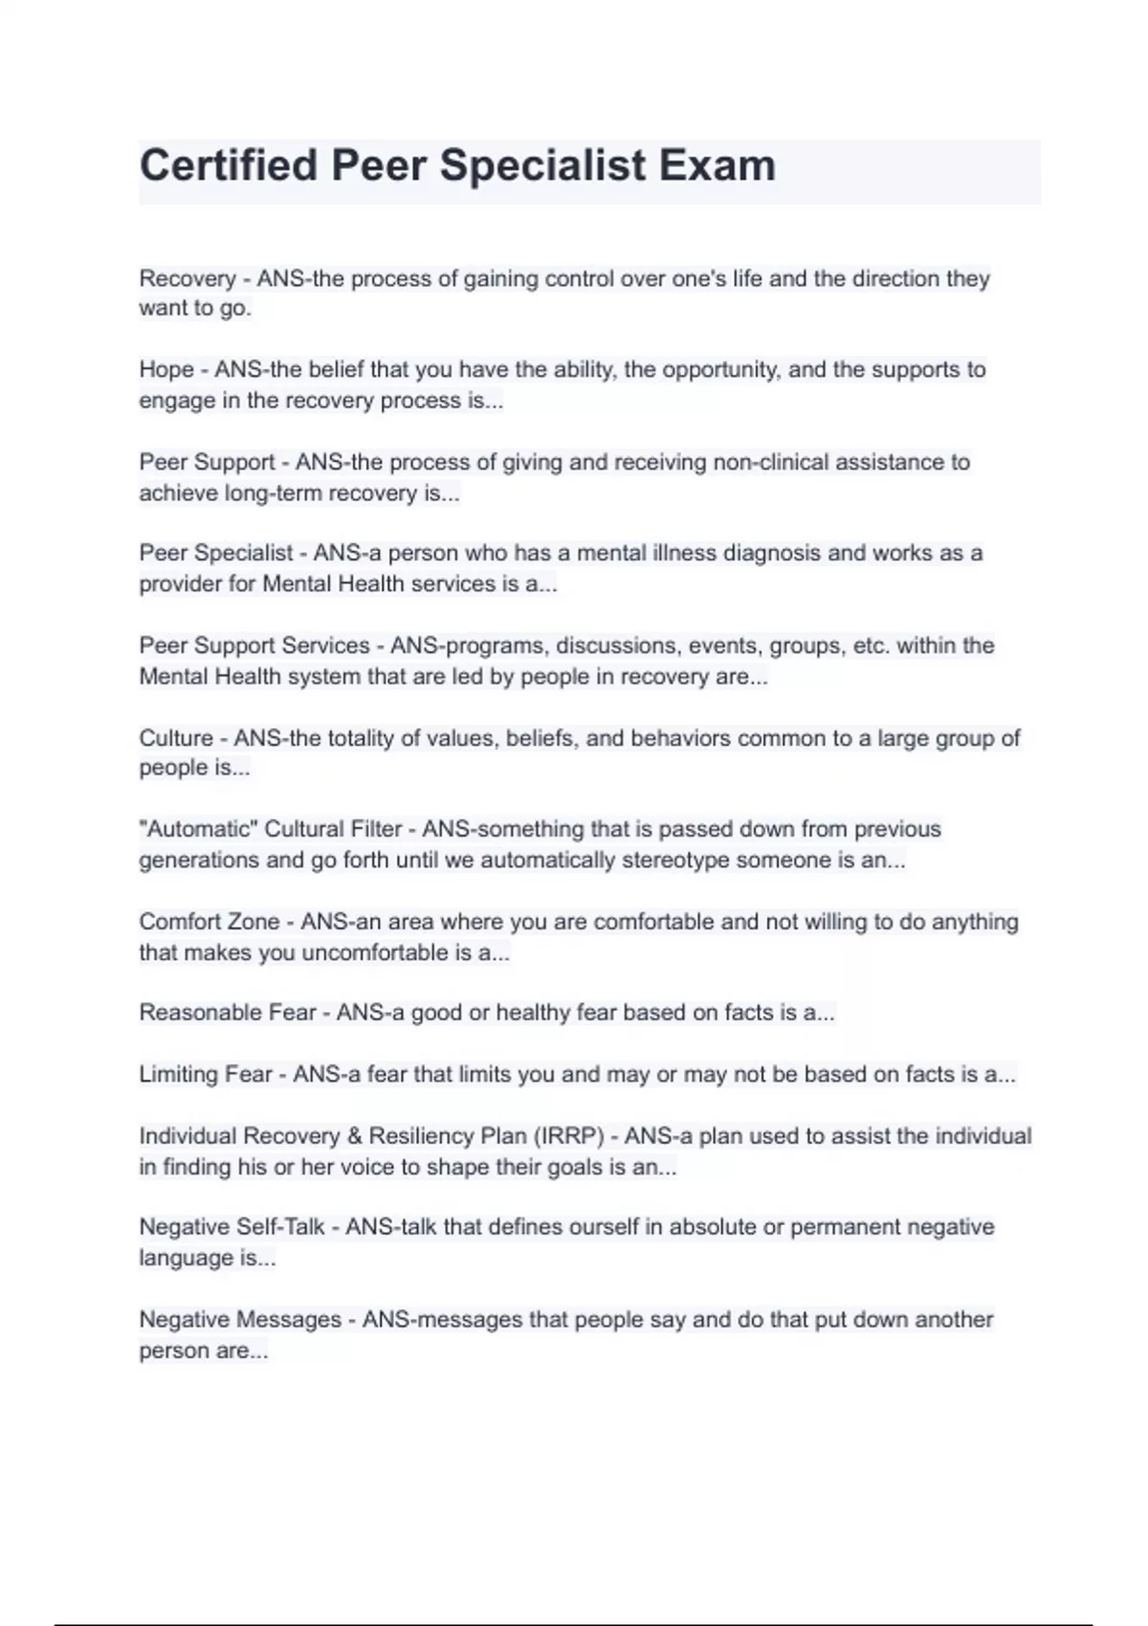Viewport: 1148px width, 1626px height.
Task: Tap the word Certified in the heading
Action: [x=229, y=165]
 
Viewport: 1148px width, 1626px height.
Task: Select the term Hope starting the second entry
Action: [x=166, y=370]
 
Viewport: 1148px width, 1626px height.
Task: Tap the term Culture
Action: [x=176, y=738]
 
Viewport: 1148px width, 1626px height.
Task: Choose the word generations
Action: [x=198, y=860]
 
